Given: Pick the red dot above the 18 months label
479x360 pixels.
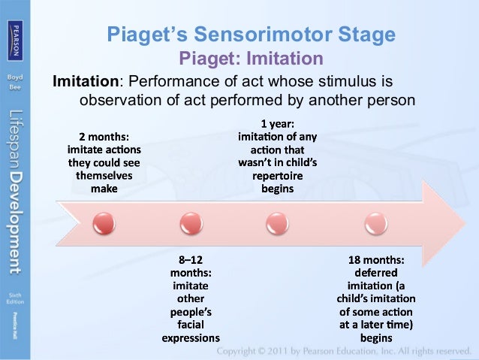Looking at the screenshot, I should (372, 222).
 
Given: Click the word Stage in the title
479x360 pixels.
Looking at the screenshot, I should (366, 35).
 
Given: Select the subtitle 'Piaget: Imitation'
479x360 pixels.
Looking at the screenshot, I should (250, 58).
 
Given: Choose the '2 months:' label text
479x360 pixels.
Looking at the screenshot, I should (104, 137).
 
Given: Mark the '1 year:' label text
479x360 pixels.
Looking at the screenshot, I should (277, 124).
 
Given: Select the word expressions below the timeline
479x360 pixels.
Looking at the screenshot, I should (191, 337).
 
